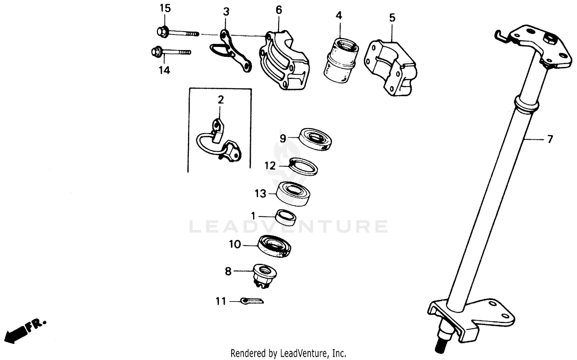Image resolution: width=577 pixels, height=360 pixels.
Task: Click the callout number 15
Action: [165, 8]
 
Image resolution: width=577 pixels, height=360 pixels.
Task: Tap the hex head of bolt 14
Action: [157, 51]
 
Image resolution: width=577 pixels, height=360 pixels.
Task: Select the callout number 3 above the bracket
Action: [226, 12]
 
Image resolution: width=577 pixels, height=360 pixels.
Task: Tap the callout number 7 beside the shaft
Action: [550, 139]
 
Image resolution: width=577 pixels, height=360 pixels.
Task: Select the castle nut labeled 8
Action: [263, 275]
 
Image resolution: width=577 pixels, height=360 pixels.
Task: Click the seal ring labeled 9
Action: [315, 139]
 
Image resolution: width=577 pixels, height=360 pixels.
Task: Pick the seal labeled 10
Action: [274, 246]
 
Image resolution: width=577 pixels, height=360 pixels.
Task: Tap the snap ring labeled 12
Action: [303, 166]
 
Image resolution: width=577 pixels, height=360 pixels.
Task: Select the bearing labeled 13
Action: [294, 193]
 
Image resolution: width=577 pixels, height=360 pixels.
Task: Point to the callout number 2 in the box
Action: [220, 100]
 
